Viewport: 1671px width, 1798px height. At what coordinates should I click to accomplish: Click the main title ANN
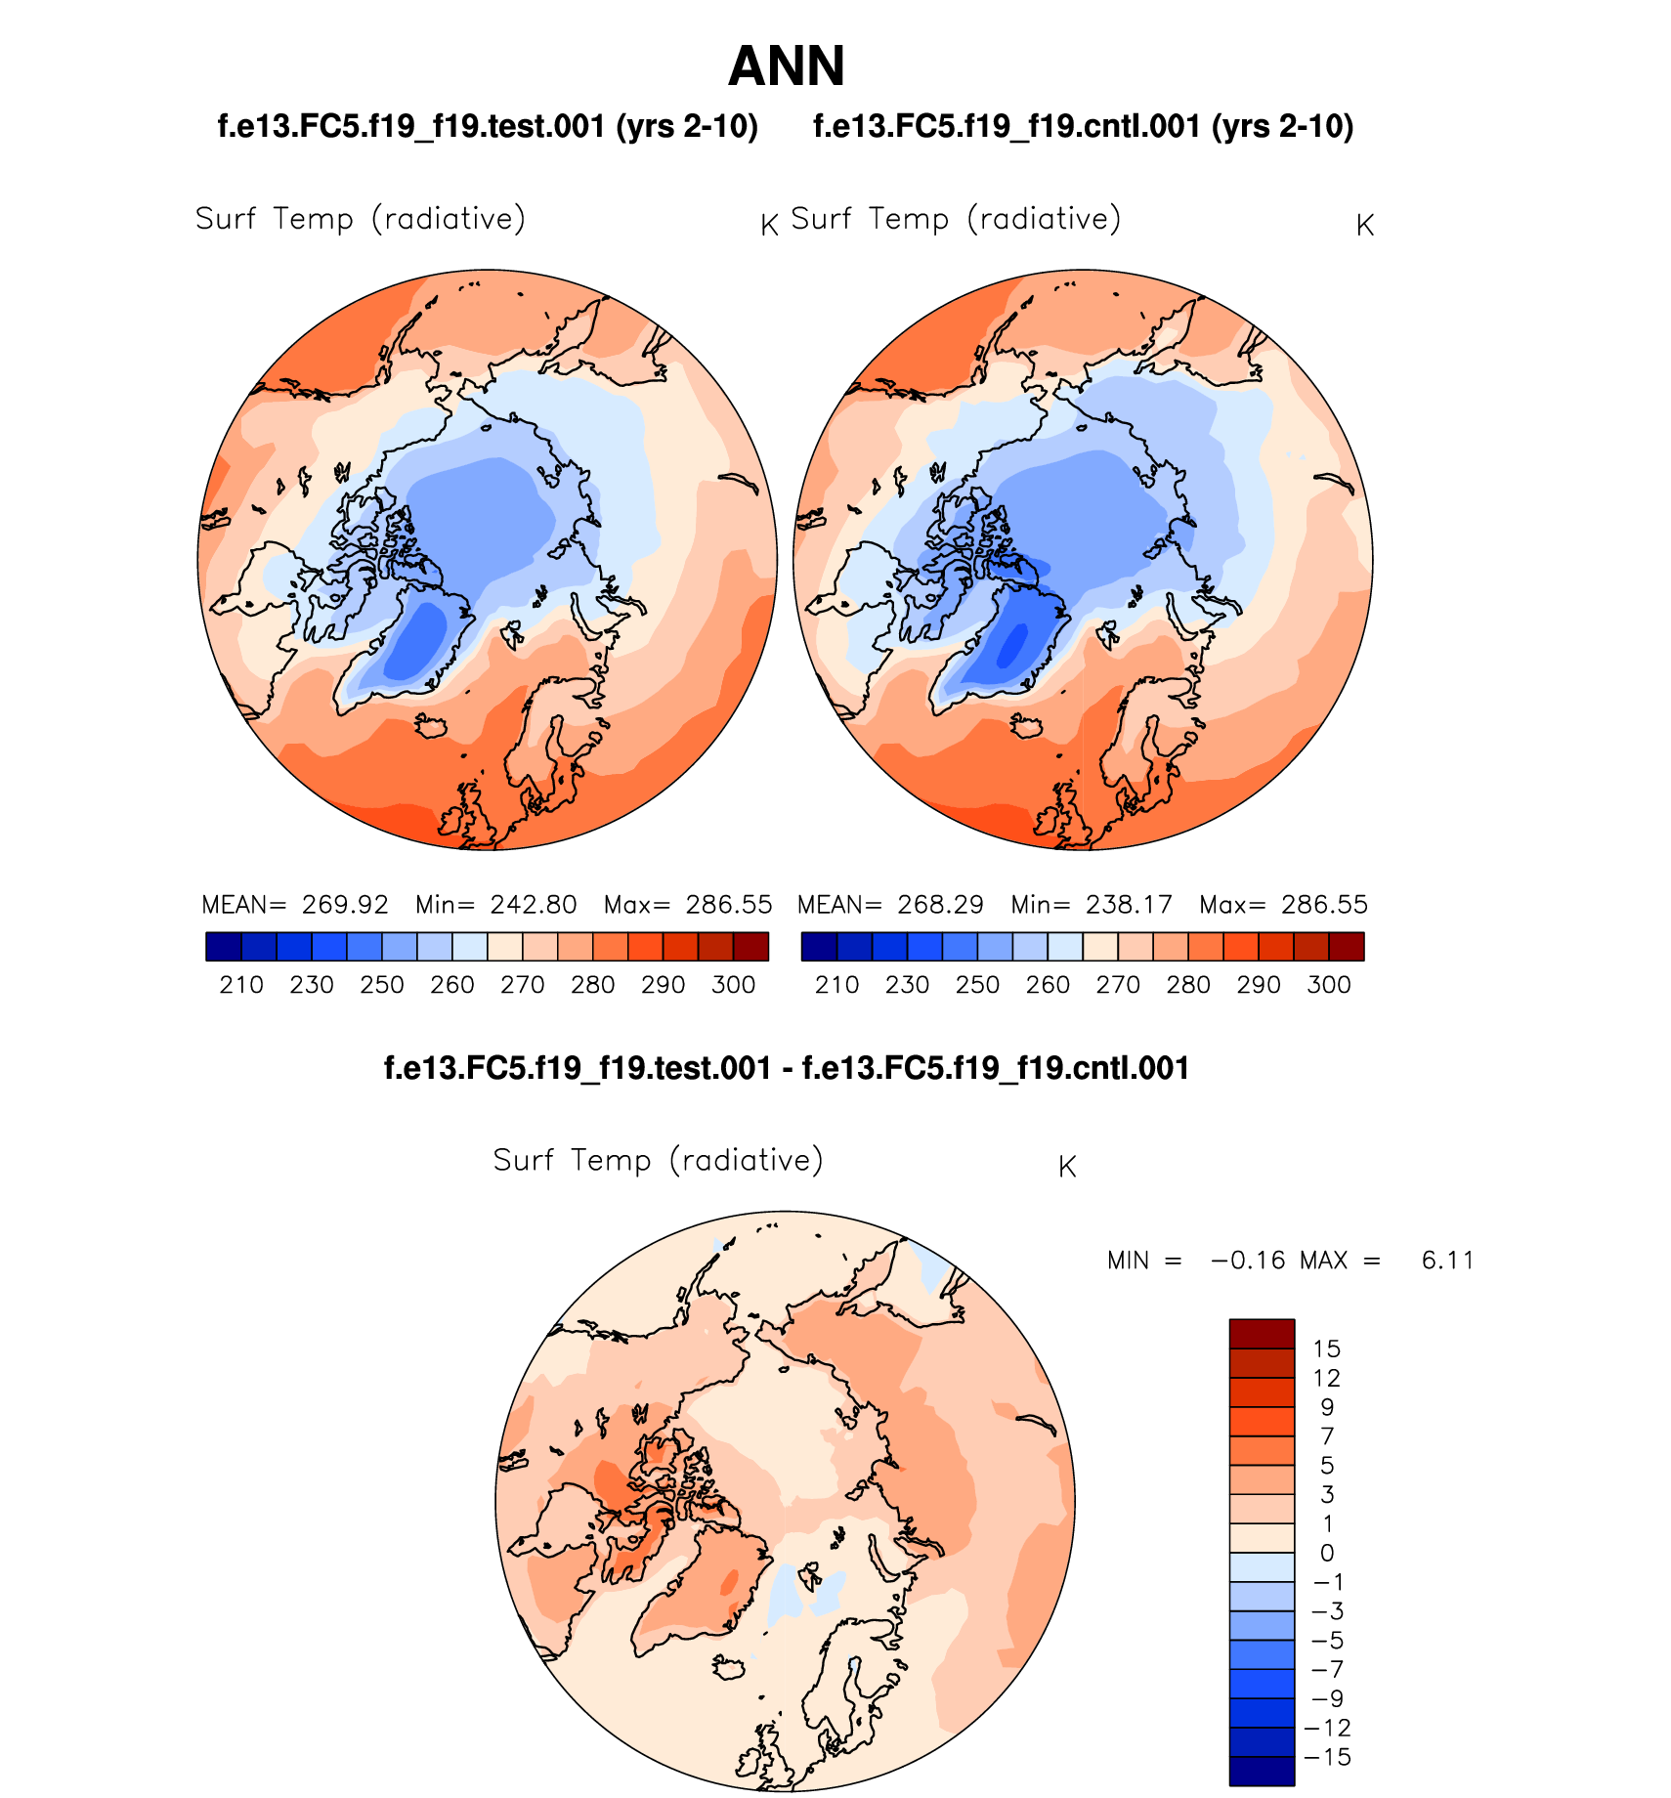786,66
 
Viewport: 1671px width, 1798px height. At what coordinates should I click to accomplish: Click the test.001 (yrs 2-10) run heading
488,126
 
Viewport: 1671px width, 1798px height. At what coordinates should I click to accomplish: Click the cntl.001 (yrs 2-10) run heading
1083,126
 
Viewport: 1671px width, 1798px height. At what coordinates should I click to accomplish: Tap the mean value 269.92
345,905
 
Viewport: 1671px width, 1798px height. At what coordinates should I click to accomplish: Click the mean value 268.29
940,905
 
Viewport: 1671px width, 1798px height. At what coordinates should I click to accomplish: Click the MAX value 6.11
1447,1261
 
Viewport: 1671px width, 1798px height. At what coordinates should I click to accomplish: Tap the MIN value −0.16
1248,1261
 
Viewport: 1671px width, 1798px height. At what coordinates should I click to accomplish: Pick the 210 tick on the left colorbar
241,985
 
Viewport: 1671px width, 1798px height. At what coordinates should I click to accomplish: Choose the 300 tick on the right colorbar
1329,985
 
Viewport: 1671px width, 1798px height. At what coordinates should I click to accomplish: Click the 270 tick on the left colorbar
523,985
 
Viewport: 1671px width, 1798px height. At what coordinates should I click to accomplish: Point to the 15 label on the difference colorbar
1326,1349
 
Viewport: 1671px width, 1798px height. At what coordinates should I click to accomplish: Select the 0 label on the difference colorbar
1326,1553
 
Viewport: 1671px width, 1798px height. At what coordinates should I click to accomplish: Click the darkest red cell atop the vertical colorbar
1262,1334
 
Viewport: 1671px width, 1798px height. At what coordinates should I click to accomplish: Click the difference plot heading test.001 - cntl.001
786,1068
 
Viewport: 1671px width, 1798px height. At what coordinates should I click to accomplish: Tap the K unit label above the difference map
1067,1167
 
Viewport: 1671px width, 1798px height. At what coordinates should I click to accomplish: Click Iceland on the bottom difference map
729,1667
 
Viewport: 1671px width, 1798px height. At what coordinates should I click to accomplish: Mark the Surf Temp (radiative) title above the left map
361,218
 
